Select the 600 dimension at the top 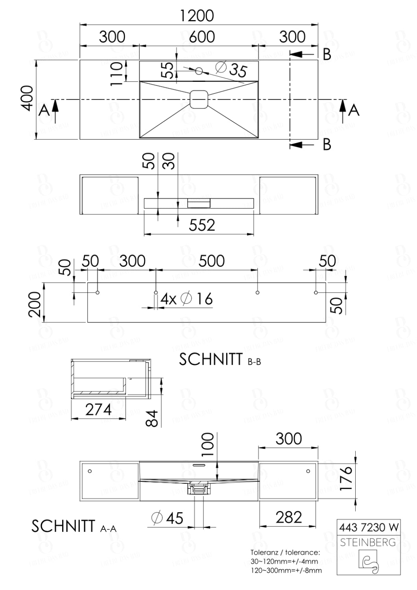202,37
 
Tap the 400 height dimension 27,98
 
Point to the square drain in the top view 199,100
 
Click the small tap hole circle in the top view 199,71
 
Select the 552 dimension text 202,225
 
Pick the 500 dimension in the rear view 212,261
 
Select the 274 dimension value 98,410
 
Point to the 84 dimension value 152,418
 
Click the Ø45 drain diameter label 168,518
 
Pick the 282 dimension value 288,518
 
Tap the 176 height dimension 346,478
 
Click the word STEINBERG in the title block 368,542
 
